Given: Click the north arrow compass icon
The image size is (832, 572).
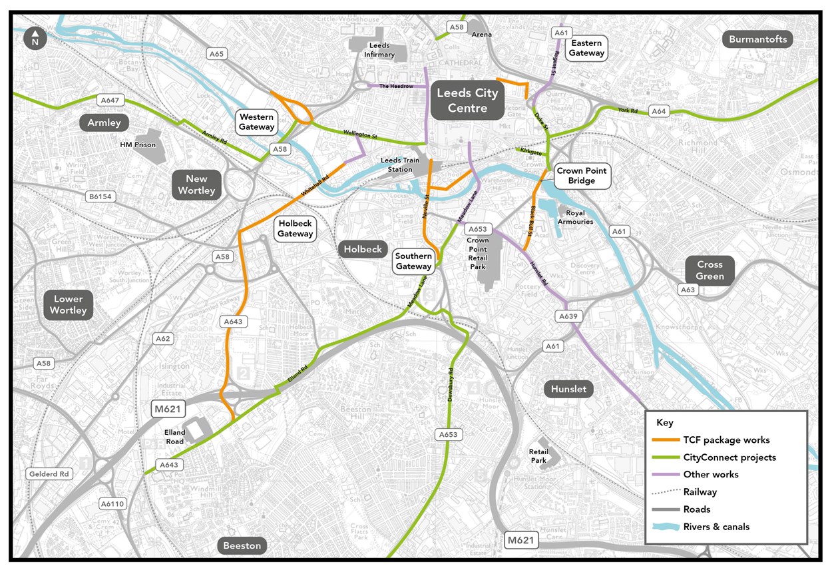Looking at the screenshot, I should (35, 39).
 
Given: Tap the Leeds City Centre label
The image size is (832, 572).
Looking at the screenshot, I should (467, 101).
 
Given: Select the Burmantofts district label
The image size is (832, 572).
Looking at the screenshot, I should (757, 39).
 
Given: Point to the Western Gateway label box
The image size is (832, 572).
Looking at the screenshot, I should (257, 122).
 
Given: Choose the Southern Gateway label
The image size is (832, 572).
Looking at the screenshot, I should (413, 261).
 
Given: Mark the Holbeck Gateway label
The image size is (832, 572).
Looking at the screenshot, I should (295, 229).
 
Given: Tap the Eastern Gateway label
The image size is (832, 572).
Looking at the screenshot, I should (586, 48).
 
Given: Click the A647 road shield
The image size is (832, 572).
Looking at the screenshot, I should (109, 101).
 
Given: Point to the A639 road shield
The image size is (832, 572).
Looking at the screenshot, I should (568, 316).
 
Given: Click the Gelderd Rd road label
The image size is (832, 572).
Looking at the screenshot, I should (49, 474).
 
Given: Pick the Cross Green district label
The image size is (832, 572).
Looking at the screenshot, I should (710, 270).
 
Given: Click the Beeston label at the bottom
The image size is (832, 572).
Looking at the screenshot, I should (242, 545).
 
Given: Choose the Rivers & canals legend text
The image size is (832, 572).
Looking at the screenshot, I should (716, 527).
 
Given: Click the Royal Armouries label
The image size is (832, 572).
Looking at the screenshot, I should (575, 218).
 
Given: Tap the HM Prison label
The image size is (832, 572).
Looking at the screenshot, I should (138, 144).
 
